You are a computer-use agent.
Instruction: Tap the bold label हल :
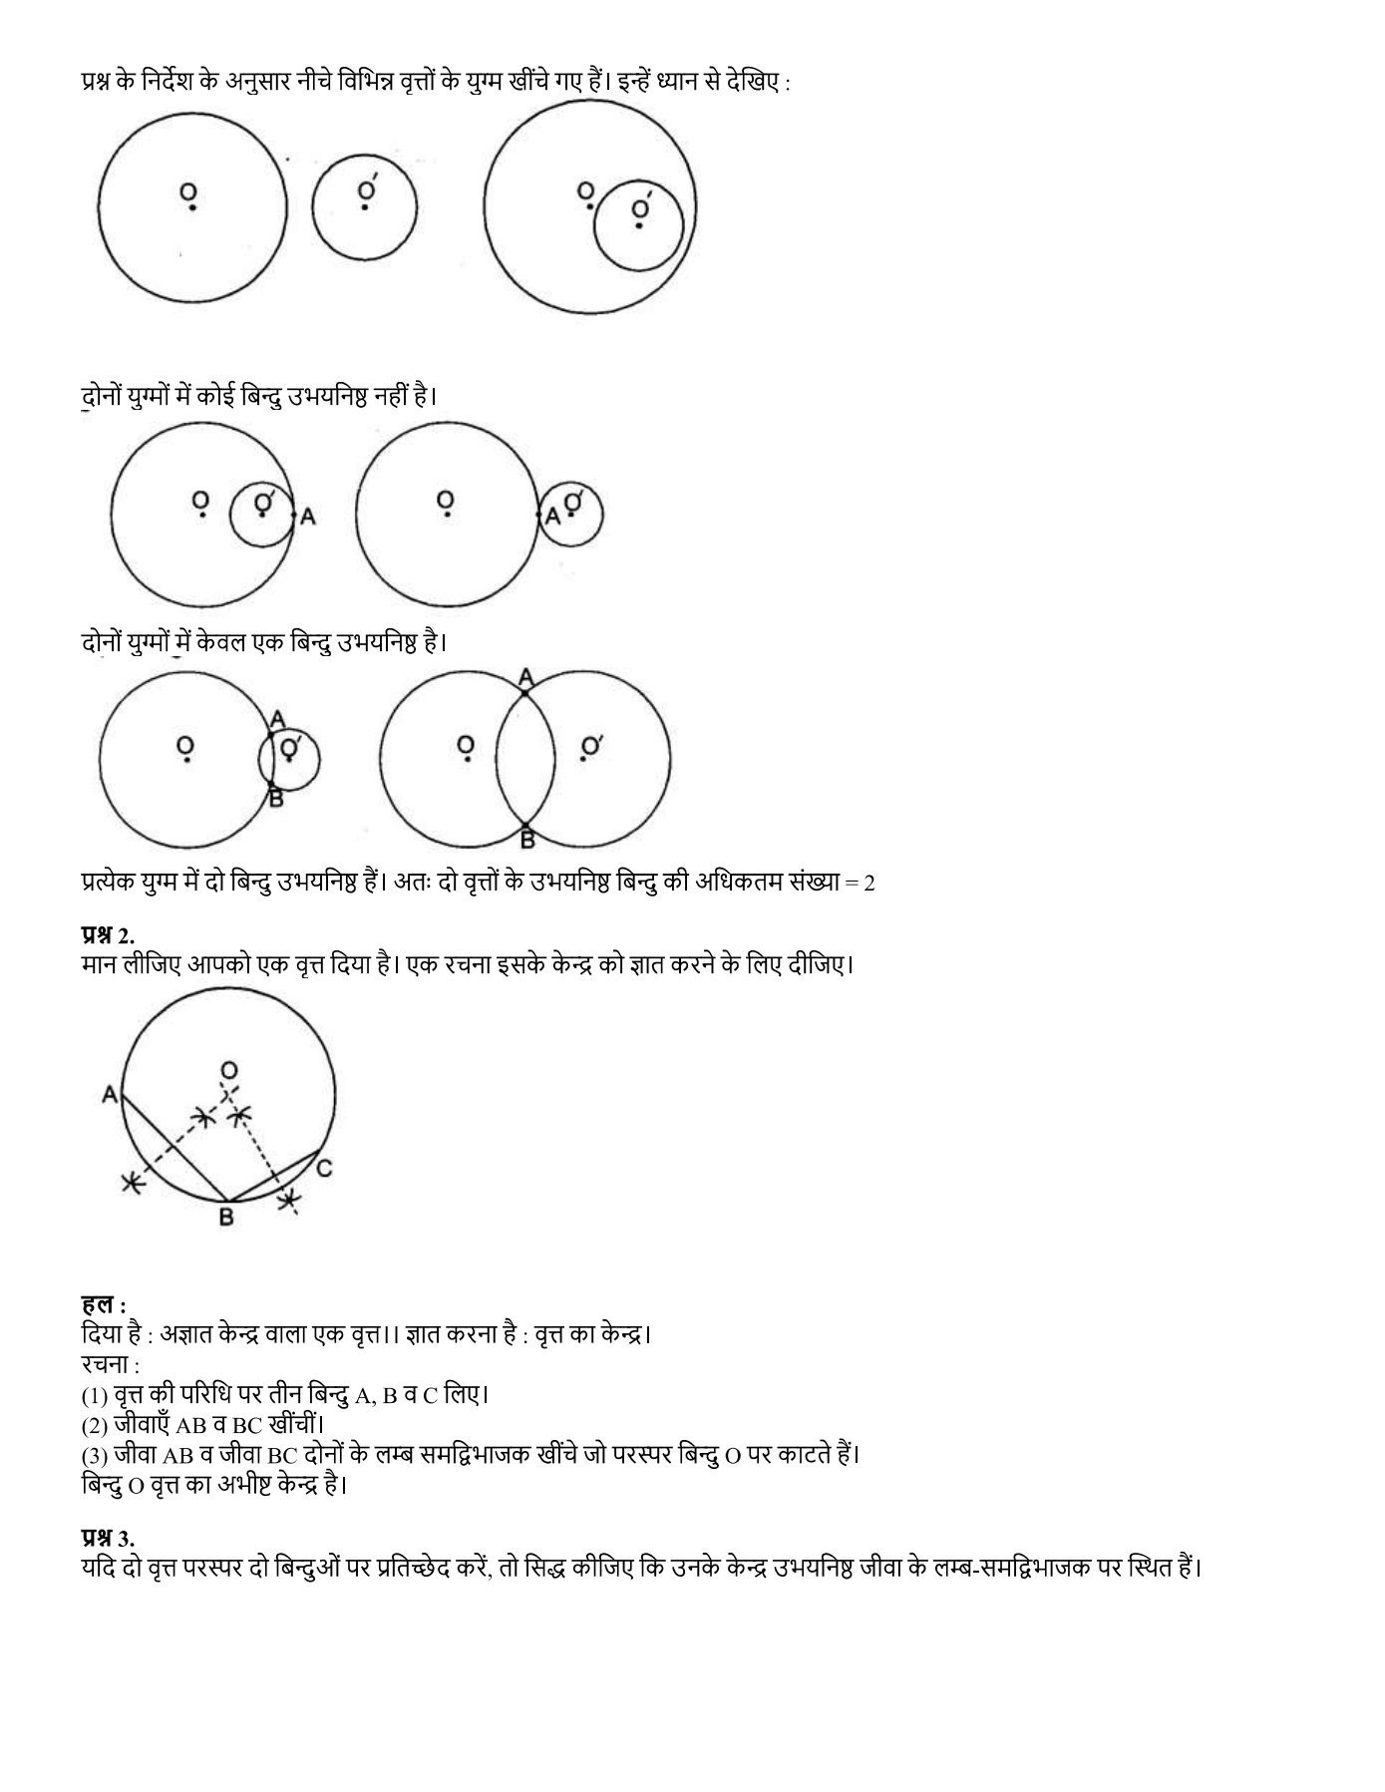[x=103, y=1304]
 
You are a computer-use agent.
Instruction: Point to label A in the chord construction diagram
[x=110, y=1095]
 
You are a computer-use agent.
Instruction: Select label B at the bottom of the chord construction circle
[x=226, y=1217]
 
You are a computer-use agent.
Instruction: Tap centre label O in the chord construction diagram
[x=229, y=1071]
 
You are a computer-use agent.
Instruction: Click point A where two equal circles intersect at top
[x=526, y=679]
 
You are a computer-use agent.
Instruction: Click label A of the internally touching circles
[x=308, y=517]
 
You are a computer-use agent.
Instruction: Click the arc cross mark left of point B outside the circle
[x=131, y=1183]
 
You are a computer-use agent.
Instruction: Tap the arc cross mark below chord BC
[x=289, y=1201]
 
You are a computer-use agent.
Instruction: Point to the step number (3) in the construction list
[x=95, y=1455]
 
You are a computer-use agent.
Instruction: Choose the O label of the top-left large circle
[x=187, y=191]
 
